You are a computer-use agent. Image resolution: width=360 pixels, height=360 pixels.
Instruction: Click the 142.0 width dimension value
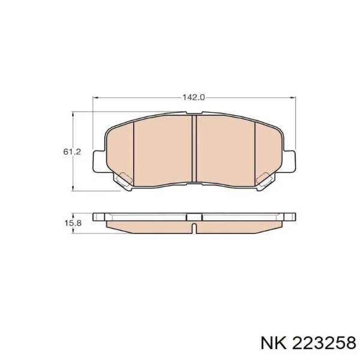tap(194, 96)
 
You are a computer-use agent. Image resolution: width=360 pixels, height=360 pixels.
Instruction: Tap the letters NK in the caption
tap(271, 342)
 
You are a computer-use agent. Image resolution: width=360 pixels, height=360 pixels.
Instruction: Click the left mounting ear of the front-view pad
tap(99, 160)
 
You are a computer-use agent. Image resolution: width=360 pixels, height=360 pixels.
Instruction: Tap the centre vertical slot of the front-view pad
tap(194, 150)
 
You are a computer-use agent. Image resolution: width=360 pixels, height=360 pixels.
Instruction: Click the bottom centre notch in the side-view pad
tap(194, 228)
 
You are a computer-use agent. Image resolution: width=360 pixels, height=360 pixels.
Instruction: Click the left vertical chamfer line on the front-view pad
tap(133, 150)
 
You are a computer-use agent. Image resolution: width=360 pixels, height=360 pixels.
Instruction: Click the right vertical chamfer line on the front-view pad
tap(256, 150)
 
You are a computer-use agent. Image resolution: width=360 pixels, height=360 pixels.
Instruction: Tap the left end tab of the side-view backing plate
tap(99, 216)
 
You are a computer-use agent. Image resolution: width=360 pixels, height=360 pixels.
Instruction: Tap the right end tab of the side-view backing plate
tap(289, 216)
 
